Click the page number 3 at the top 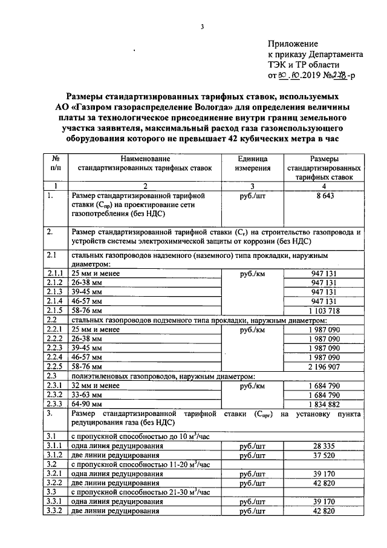point(203,26)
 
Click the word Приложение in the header point(293,44)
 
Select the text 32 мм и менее point(96,385)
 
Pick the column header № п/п point(55,162)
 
